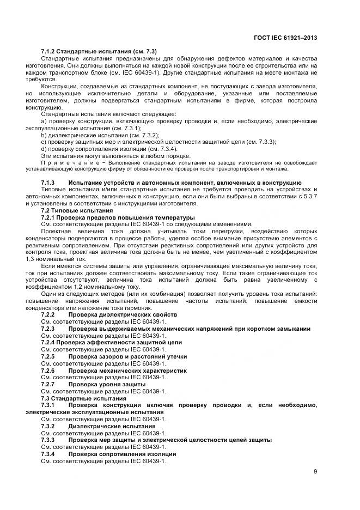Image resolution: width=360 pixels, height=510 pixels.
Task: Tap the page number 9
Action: click(315, 472)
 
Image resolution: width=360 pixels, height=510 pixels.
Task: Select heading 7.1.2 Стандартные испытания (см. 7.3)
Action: click(99, 51)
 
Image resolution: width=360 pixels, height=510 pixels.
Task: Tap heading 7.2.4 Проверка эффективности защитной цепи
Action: click(112, 342)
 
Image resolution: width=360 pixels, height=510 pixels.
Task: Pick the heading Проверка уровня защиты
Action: click(107, 384)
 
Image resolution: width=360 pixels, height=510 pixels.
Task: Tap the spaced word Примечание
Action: click(67, 163)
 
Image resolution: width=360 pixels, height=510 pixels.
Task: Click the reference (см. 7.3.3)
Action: click(261, 142)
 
